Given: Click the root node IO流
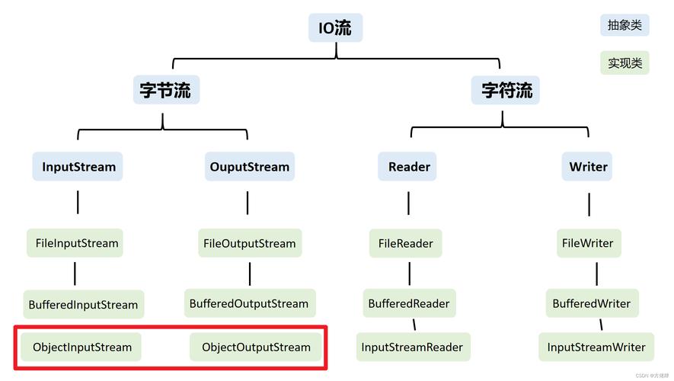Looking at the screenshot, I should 335,28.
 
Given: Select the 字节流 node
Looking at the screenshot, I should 165,90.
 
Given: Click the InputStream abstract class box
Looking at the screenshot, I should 78,167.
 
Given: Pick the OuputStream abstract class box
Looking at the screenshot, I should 249,167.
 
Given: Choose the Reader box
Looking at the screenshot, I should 409,167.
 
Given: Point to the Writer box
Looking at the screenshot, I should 588,167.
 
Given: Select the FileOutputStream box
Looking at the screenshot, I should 249,243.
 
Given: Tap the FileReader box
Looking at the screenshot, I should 406,243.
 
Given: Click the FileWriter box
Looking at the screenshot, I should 587,243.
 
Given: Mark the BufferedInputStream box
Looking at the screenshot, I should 83,304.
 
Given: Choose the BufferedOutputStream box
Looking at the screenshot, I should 249,303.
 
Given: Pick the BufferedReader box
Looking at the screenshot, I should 409,303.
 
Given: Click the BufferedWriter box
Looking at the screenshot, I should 592,303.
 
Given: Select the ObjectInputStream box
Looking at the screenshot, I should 81,347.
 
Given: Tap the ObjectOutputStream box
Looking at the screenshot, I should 256,347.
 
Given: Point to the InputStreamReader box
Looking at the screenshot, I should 412,347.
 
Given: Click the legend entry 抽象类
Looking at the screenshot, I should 624,25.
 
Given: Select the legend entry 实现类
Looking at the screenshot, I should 624,62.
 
